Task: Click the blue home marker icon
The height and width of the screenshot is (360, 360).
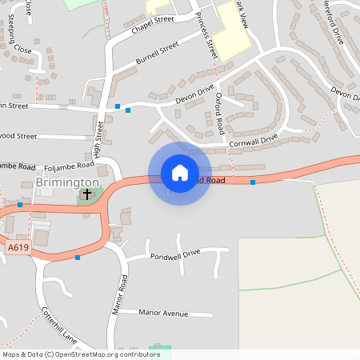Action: [x=180, y=173]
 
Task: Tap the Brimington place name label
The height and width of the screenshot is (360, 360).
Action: [x=67, y=182]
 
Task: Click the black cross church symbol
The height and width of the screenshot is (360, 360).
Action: [x=86, y=194]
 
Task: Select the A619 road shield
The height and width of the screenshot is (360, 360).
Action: [x=18, y=248]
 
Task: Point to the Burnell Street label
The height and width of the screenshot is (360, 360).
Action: [x=156, y=54]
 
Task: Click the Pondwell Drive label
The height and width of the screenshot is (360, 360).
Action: [x=174, y=254]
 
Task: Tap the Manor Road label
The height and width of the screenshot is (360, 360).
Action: [x=120, y=294]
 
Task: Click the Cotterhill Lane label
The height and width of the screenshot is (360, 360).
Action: [x=58, y=323]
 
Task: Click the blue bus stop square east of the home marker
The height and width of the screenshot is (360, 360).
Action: [x=253, y=182]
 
